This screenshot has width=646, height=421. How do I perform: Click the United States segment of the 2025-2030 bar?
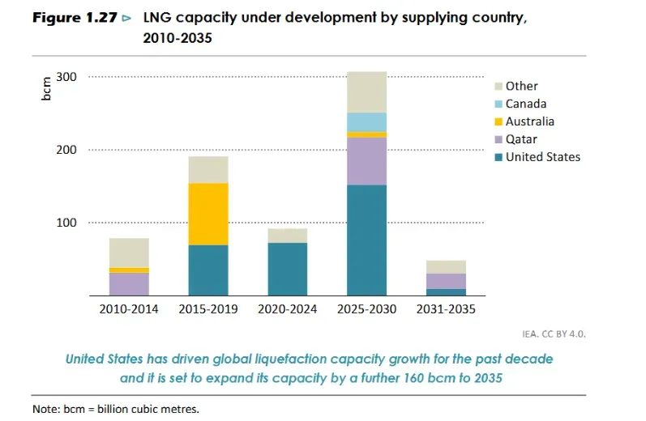[x=366, y=240]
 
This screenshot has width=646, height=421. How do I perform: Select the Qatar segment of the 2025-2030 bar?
[x=366, y=161]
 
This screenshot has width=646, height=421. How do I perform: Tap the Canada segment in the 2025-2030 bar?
[x=366, y=122]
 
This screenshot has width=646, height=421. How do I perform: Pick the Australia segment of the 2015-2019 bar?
[x=208, y=214]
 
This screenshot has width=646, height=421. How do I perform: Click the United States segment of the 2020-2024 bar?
[x=288, y=269]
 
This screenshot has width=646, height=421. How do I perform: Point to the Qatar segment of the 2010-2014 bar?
[x=129, y=283]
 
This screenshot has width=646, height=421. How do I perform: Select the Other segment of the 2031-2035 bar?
[x=446, y=267]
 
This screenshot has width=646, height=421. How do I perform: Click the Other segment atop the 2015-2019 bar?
[x=208, y=170]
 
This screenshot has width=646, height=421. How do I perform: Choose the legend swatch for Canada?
[x=498, y=104]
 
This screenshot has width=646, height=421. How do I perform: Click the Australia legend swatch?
[x=498, y=122]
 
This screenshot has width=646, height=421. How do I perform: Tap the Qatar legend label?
[x=521, y=139]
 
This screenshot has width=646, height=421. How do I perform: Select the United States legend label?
[x=543, y=157]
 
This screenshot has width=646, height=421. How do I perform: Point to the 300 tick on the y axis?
[x=66, y=77]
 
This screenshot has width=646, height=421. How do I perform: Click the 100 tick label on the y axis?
[x=66, y=223]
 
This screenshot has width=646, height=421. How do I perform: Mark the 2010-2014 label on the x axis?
[x=129, y=308]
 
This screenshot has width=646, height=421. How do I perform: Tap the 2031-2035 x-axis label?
[x=446, y=308]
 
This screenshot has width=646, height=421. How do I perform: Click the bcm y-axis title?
[x=45, y=88]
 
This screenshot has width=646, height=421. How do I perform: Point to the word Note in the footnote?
[x=45, y=409]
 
